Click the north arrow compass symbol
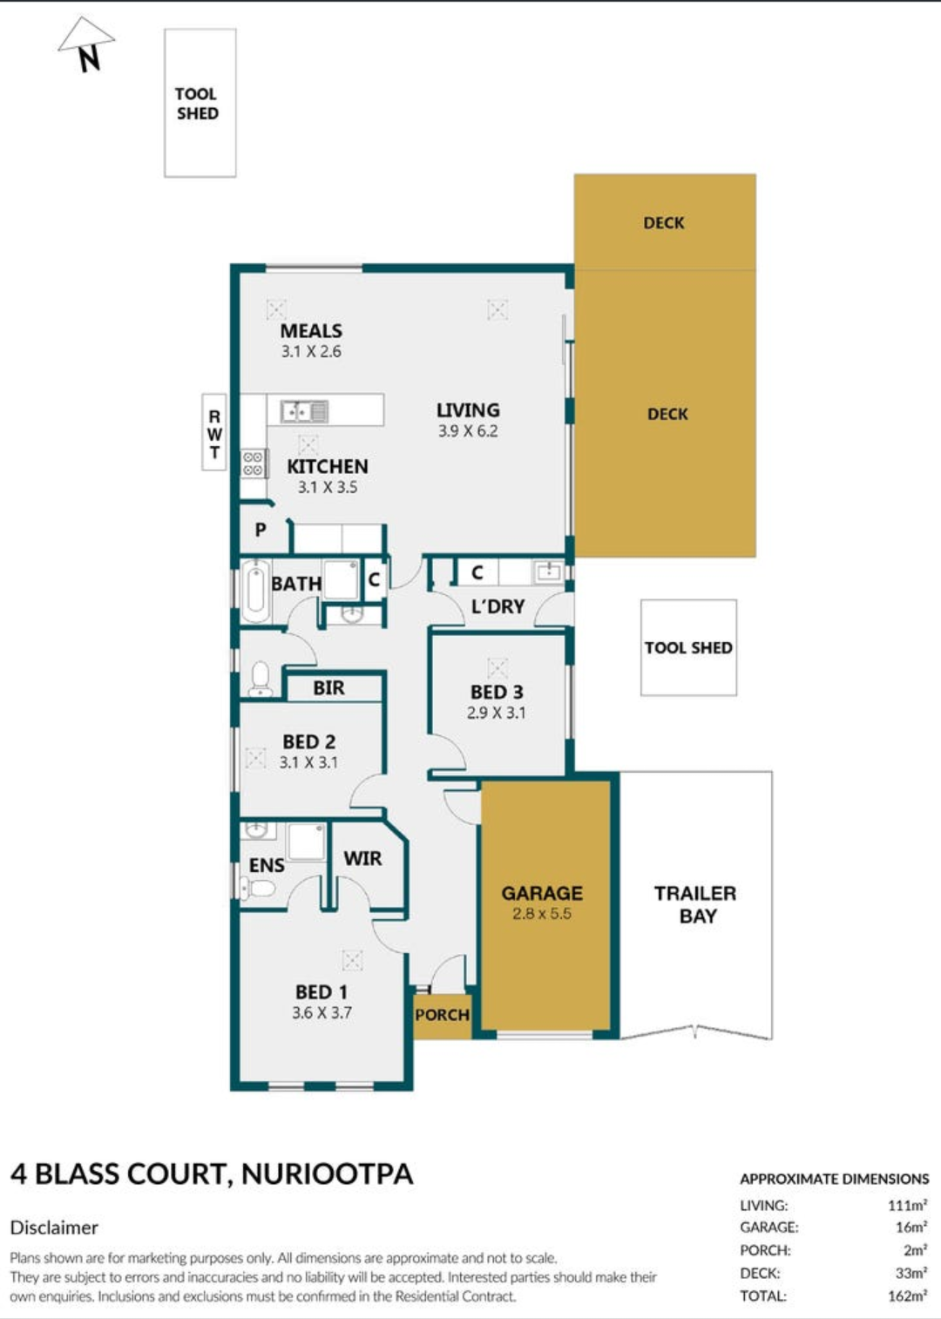tap(86, 43)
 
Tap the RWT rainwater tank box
tap(213, 431)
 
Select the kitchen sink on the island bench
tap(304, 411)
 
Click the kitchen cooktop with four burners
tap(254, 463)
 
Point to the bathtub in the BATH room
tap(255, 591)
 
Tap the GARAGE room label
tap(542, 893)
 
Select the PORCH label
tap(442, 1015)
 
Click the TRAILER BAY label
tap(695, 904)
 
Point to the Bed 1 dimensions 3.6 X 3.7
tap(322, 1012)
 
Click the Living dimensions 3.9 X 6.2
tap(468, 431)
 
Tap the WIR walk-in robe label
tap(362, 858)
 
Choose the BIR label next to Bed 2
tap(328, 687)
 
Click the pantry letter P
tap(261, 530)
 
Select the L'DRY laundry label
tap(498, 606)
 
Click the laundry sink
tap(548, 572)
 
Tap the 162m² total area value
tap(907, 1295)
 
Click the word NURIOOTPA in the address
tap(327, 1174)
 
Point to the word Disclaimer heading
tap(54, 1228)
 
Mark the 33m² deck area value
tap(911, 1273)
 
